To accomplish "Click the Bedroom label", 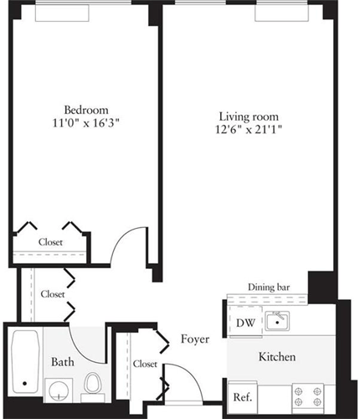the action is [x=86, y=110].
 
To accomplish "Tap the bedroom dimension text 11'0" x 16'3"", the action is [x=86, y=123].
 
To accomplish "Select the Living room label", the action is [x=249, y=116].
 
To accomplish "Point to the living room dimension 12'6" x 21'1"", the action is [x=249, y=129].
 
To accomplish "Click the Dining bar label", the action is [x=269, y=287].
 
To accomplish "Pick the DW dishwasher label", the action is [x=245, y=323].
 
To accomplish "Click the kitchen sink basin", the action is [x=277, y=321].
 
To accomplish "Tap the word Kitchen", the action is [x=277, y=357].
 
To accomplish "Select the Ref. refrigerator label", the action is [x=243, y=397].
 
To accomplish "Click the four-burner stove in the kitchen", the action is [x=308, y=396].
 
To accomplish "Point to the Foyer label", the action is [x=195, y=339].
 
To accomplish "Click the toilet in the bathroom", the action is [x=92, y=387].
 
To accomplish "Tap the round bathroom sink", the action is [x=59, y=391].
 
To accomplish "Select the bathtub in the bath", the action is [x=25, y=362].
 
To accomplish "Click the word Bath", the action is [x=63, y=362].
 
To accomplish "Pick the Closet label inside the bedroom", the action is [x=50, y=242].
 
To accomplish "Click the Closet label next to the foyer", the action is [x=145, y=364].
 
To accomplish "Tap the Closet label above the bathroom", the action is [x=53, y=294].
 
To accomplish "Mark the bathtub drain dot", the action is [x=24, y=384].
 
